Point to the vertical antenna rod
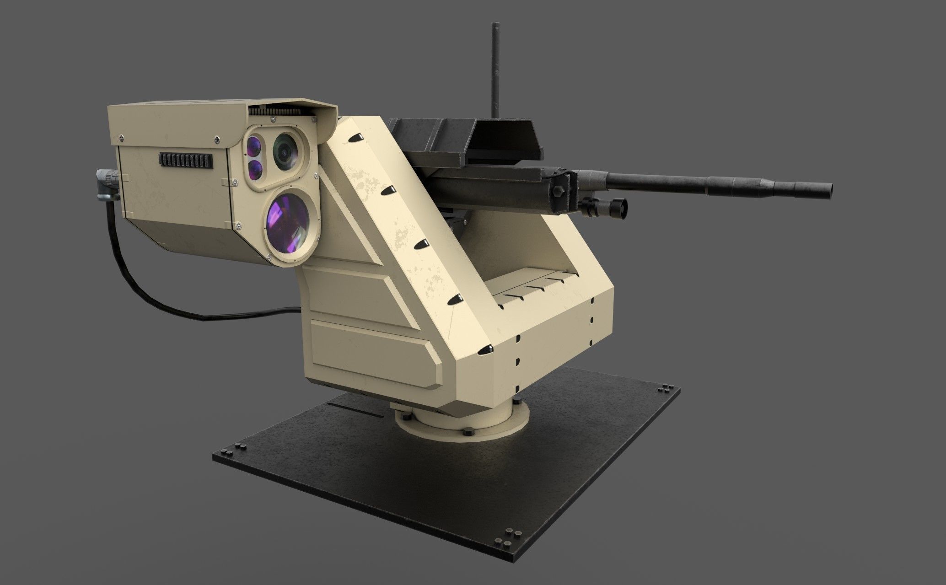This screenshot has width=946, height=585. click(495, 69)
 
